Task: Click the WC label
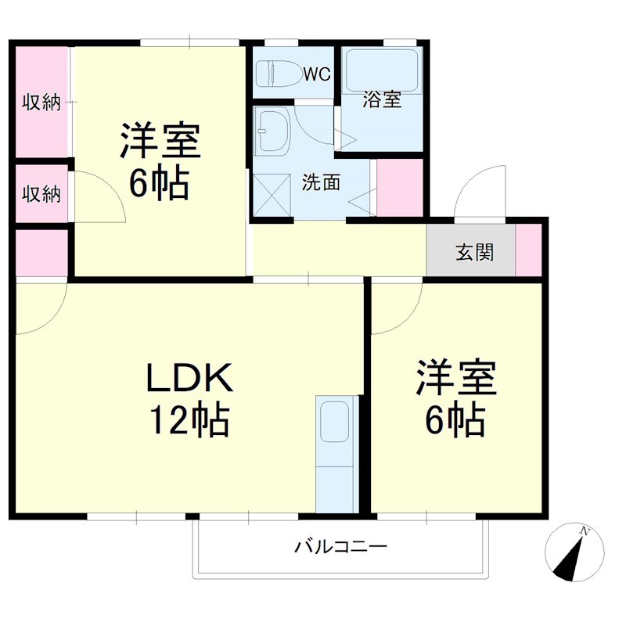pos(317,74)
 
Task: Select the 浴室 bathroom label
pos(382,99)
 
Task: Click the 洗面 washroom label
pos(321,182)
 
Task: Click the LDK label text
pos(189,380)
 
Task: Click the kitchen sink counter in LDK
pos(336,454)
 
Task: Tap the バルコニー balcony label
pos(340,546)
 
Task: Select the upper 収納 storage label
pos(41,102)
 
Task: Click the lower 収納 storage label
pos(41,193)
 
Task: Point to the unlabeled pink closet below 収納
pos(41,252)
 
